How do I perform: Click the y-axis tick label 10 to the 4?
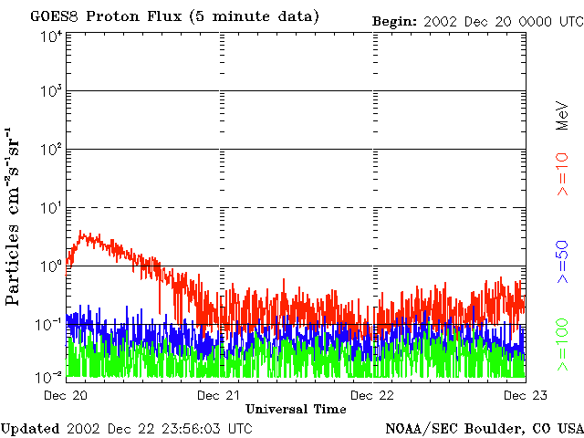point(51,36)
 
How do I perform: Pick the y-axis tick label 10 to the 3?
point(51,92)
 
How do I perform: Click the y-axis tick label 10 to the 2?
point(51,151)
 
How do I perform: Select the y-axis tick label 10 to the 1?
point(51,209)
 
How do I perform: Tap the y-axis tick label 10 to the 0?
point(51,266)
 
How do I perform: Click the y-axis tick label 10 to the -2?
point(51,375)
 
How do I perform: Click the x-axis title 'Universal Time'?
point(296,409)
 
